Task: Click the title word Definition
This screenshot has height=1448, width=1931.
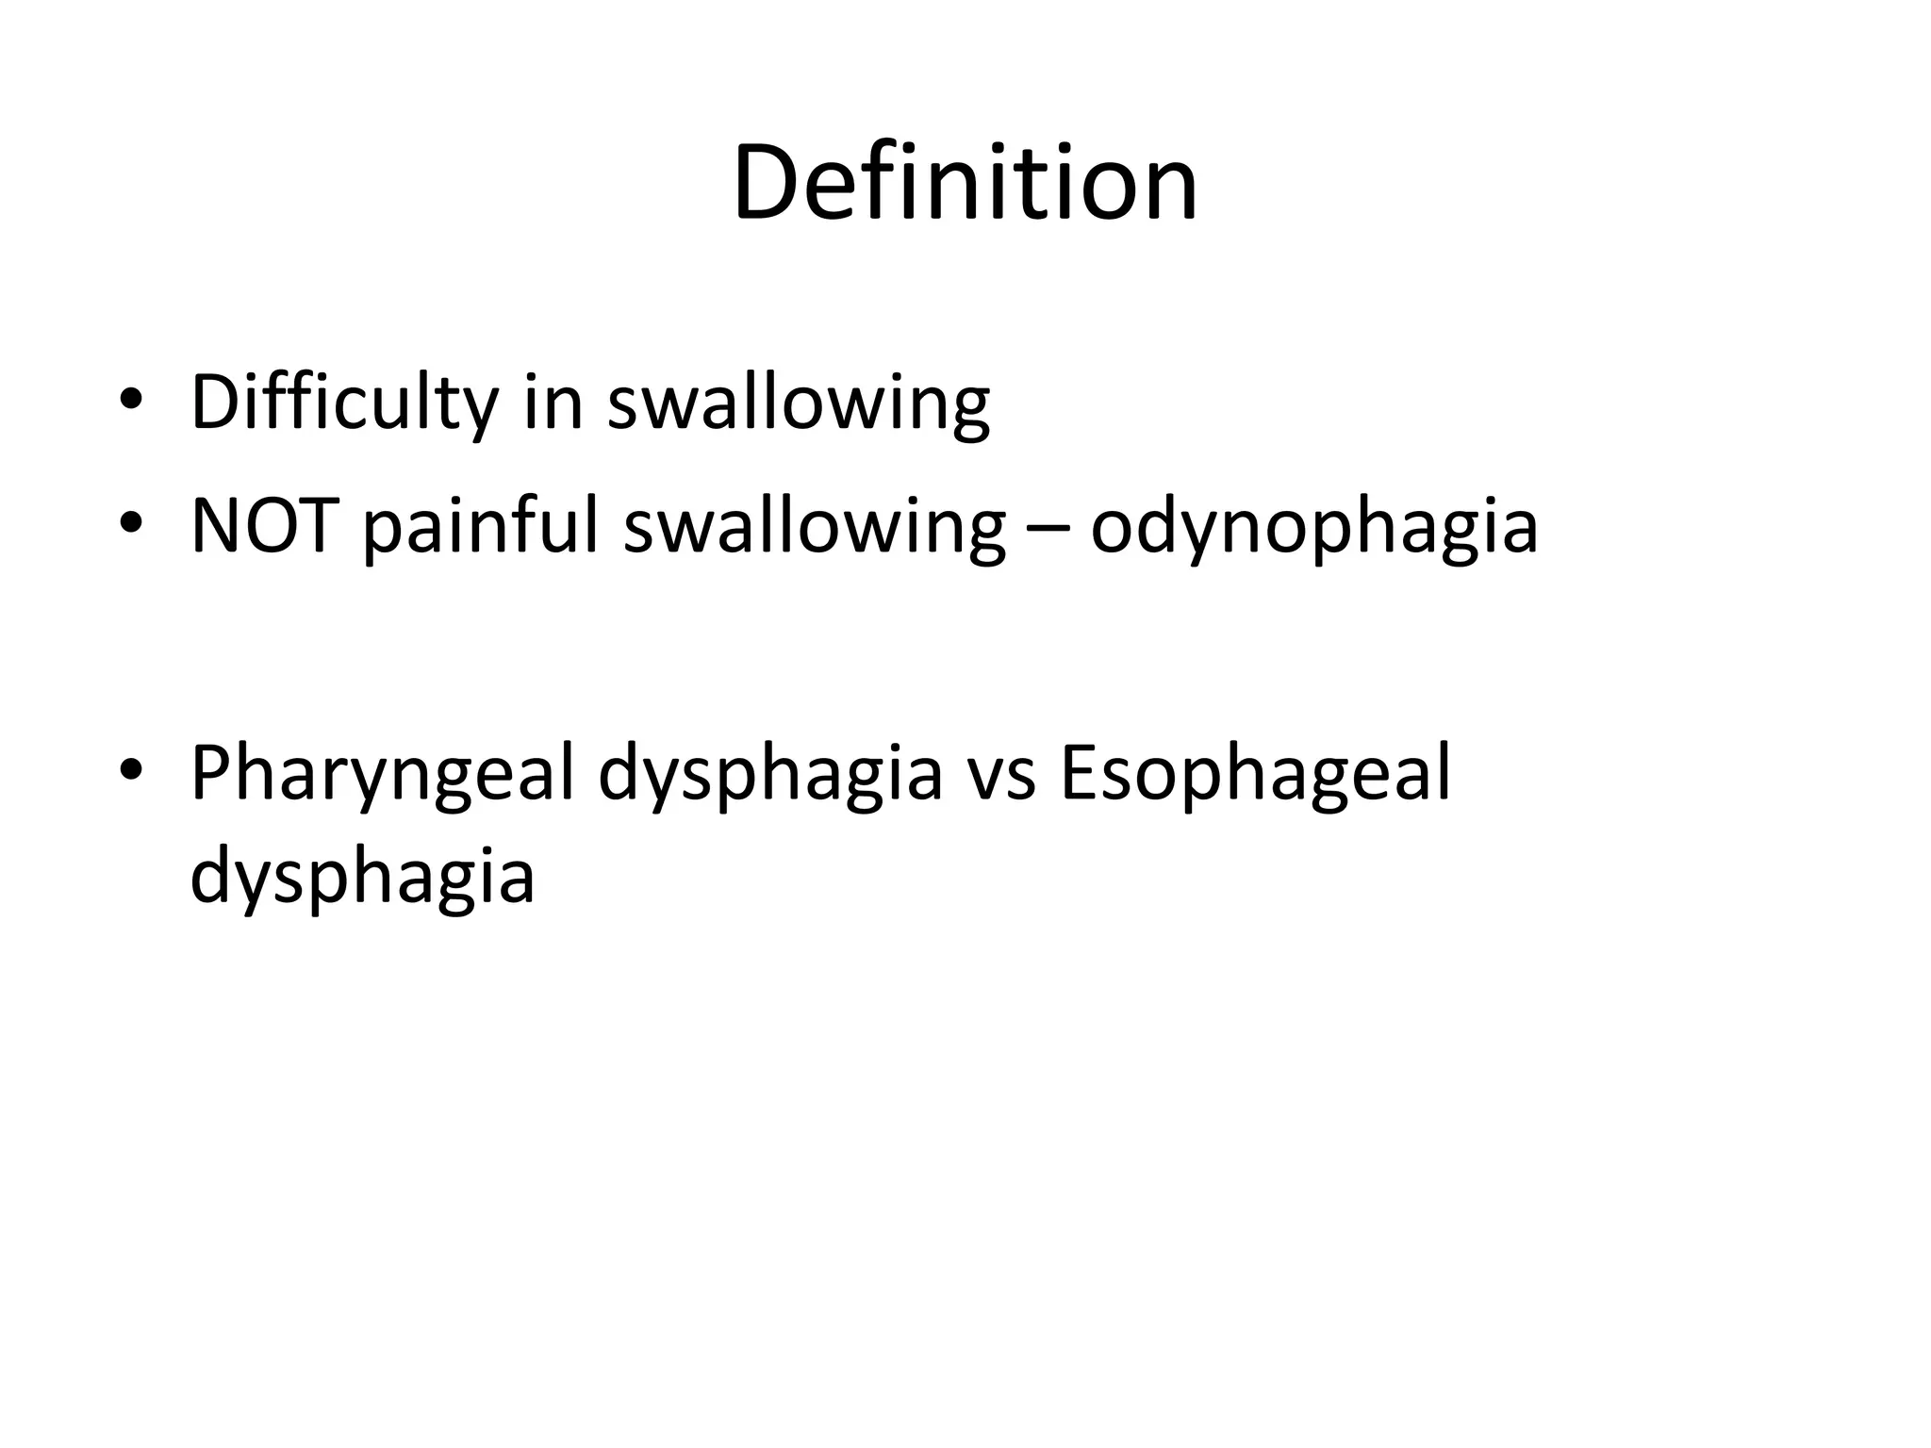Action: (x=965, y=183)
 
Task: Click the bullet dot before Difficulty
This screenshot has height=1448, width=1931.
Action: (x=131, y=403)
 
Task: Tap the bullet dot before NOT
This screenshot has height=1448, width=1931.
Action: (x=131, y=526)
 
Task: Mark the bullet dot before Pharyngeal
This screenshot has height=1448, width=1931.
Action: (x=131, y=773)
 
